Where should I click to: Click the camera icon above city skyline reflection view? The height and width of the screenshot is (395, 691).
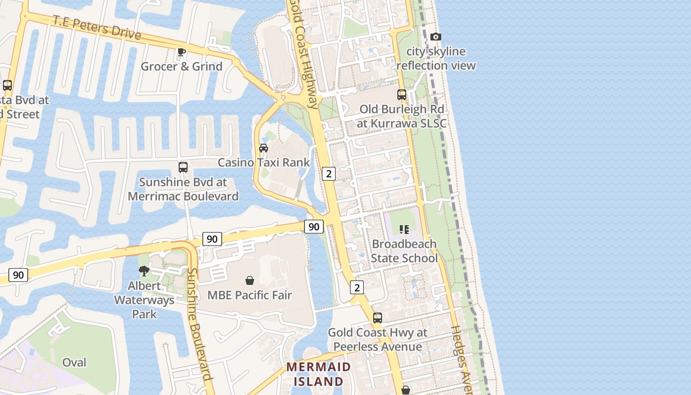pyautogui.click(x=435, y=37)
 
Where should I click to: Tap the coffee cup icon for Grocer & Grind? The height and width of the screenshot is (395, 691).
pyautogui.click(x=182, y=52)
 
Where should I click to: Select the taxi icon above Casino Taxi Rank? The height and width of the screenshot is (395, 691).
pyautogui.click(x=264, y=148)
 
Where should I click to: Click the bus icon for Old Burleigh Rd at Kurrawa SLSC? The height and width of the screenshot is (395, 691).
pyautogui.click(x=402, y=94)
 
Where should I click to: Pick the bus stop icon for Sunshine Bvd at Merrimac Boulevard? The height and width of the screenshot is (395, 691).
pyautogui.click(x=183, y=167)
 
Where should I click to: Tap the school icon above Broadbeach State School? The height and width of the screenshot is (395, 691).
pyautogui.click(x=404, y=229)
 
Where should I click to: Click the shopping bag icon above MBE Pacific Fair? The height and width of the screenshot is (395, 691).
pyautogui.click(x=250, y=280)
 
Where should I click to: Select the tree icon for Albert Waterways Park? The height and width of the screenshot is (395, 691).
pyautogui.click(x=144, y=271)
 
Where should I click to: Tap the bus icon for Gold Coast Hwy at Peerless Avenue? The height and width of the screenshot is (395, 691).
pyautogui.click(x=378, y=317)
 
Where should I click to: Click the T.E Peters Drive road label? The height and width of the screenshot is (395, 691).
pyautogui.click(x=97, y=28)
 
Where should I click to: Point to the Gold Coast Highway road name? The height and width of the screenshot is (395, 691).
pyautogui.click(x=305, y=54)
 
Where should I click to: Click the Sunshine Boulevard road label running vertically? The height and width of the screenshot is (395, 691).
pyautogui.click(x=200, y=324)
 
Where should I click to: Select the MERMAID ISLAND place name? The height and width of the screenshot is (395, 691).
pyautogui.click(x=318, y=374)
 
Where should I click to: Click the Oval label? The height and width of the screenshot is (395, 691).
pyautogui.click(x=74, y=362)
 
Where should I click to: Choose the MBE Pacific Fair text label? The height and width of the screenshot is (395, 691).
pyautogui.click(x=250, y=295)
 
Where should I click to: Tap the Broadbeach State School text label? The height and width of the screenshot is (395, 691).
pyautogui.click(x=404, y=251)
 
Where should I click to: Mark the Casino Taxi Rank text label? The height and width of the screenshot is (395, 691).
pyautogui.click(x=264, y=162)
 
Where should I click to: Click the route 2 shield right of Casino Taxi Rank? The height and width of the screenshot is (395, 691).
pyautogui.click(x=329, y=173)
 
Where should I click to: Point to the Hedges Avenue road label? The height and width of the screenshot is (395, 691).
pyautogui.click(x=461, y=360)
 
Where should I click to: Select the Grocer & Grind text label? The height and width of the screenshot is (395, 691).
pyautogui.click(x=182, y=66)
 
